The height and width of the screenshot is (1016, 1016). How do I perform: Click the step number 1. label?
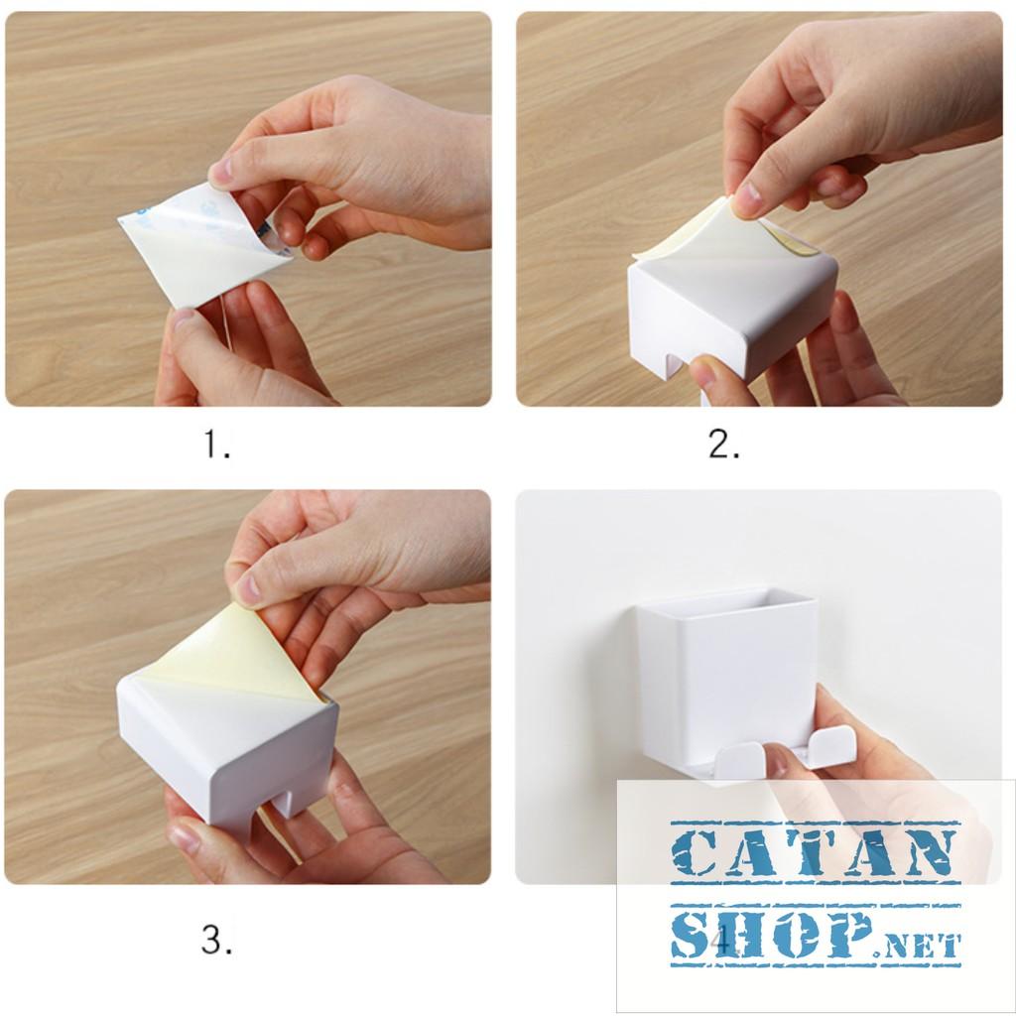coord(217,446)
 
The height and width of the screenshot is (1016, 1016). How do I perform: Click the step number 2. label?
coord(724,446)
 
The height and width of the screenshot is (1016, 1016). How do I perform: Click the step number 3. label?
coord(217,940)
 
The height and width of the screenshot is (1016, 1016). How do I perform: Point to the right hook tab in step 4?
coord(831,746)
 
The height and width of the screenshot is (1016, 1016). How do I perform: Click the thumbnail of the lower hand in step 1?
coord(183,318)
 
